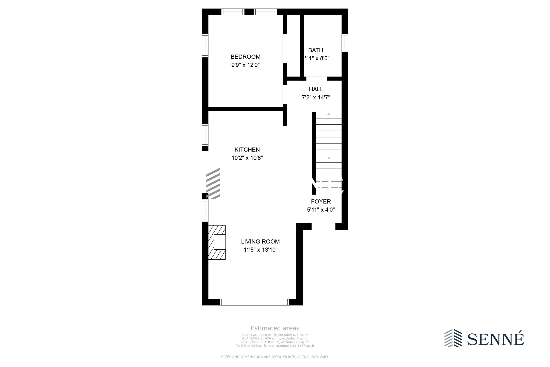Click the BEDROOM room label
[245, 57]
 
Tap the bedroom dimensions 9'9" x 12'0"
[245, 65]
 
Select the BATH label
[315, 50]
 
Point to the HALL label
[316, 89]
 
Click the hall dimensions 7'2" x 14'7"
[316, 97]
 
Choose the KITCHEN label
[247, 150]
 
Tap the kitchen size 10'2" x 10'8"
[247, 158]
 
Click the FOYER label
[321, 202]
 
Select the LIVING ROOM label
[260, 242]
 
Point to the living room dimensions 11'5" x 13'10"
[260, 250]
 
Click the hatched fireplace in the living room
[217, 242]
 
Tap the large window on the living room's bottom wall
[254, 302]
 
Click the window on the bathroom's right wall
[345, 43]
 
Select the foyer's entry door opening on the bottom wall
[323, 226]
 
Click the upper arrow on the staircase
[329, 114]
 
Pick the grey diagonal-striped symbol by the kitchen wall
[213, 183]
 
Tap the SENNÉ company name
[495, 339]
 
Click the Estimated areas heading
[275, 328]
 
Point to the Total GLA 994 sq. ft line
[275, 346]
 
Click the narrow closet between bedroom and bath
[293, 46]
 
